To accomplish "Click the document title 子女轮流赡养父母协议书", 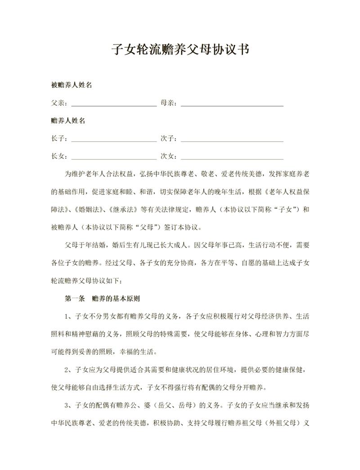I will coord(180,49).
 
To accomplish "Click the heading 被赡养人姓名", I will coord(72,85).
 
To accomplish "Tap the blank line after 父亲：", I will coord(114,104).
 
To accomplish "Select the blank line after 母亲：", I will coord(232,104).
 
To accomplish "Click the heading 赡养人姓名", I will coord(69,121).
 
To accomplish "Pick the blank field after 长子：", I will coord(114,139).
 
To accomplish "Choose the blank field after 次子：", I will coord(232,139).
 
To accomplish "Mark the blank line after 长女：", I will coord(114,157).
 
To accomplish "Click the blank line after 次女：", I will coord(232,157).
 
